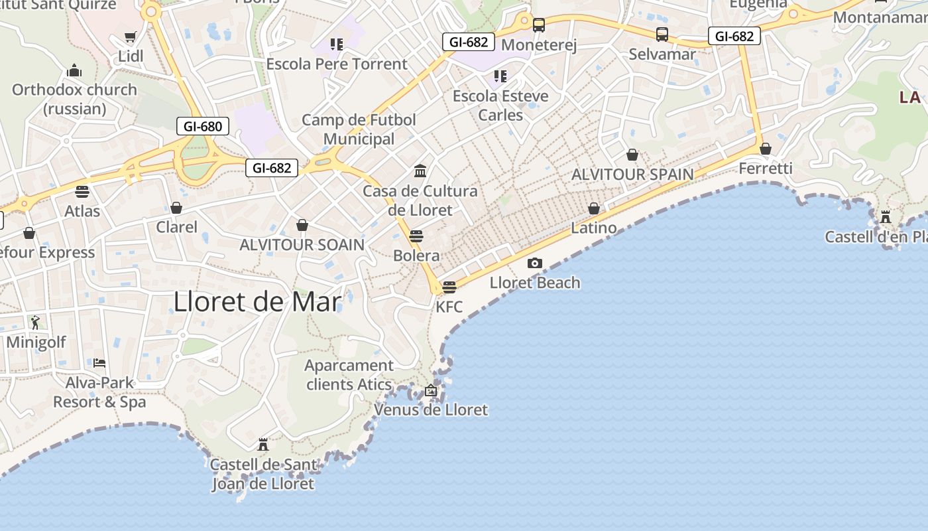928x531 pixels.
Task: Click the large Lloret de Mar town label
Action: [257, 303]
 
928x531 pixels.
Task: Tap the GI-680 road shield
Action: [203, 126]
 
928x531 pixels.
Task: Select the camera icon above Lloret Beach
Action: [535, 264]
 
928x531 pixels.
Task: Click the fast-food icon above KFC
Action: [449, 287]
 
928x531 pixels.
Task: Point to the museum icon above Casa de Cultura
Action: [420, 171]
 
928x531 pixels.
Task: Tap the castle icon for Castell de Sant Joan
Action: [263, 444]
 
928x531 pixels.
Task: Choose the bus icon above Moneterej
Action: [539, 25]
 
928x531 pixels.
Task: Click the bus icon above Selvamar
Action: [662, 35]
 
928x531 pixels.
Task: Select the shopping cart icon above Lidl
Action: [131, 37]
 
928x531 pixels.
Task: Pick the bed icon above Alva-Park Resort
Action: [99, 363]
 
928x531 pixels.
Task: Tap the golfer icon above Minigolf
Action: [36, 323]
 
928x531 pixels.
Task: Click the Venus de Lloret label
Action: [431, 410]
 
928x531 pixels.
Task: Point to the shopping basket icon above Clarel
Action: [176, 208]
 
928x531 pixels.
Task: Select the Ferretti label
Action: [766, 169]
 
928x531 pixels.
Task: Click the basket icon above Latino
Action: [594, 208]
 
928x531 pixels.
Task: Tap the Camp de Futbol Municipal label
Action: [359, 129]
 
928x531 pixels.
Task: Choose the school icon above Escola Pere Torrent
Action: [337, 44]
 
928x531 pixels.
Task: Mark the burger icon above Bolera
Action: [416, 236]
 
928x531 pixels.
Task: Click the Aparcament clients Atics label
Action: [349, 375]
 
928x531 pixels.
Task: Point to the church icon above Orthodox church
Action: [74, 70]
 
